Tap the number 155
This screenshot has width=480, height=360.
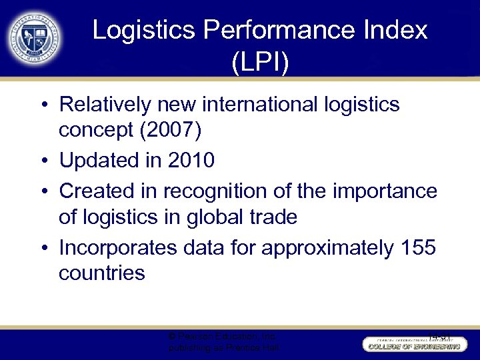click(x=418, y=247)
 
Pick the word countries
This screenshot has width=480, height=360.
click(x=102, y=273)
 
